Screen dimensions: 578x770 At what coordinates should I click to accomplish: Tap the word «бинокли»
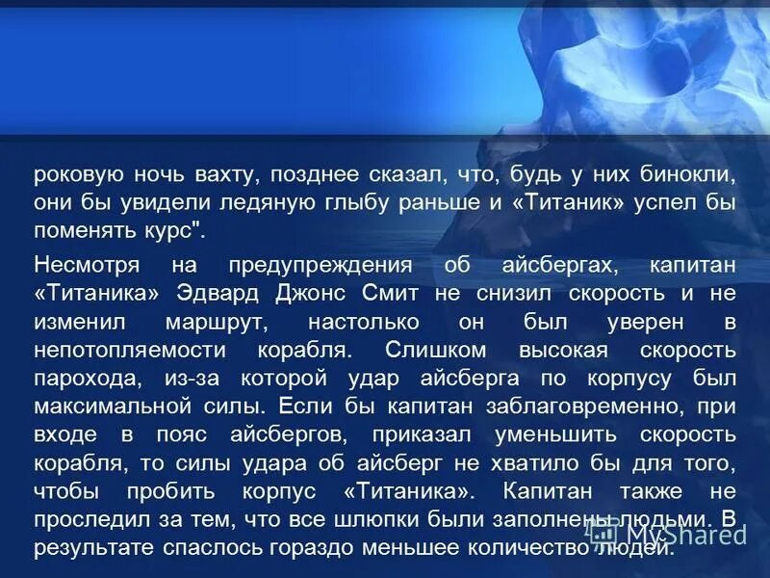pyautogui.click(x=695, y=176)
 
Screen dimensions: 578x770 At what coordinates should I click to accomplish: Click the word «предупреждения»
pyautogui.click(x=320, y=265)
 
